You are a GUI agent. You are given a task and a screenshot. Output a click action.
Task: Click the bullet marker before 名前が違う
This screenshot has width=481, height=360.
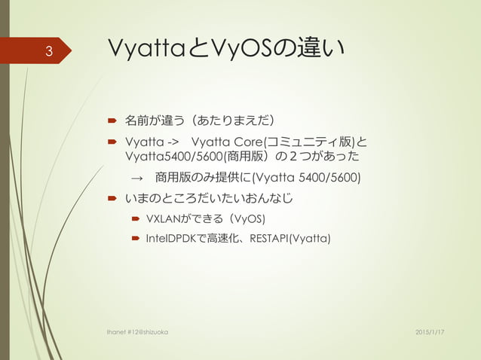(x=110, y=119)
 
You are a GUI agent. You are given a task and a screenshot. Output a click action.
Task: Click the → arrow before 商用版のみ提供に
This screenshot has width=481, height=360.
(x=136, y=178)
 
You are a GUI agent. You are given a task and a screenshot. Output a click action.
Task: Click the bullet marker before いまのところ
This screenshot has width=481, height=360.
(x=110, y=200)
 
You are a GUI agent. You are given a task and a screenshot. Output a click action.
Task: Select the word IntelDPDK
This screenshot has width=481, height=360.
(x=173, y=239)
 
